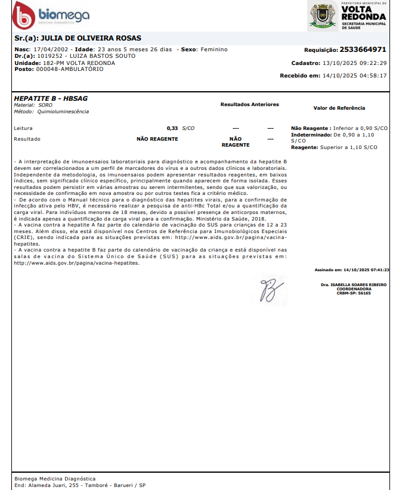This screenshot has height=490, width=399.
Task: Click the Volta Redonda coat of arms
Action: (323, 16)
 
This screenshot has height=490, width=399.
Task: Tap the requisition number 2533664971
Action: (363, 49)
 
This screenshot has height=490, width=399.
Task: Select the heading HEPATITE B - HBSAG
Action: (50, 98)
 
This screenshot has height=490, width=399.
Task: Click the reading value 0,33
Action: (172, 128)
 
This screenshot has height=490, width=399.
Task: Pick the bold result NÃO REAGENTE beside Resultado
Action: (157, 139)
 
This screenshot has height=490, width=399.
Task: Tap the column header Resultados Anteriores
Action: (249, 104)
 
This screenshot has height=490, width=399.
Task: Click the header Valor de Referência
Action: (339, 108)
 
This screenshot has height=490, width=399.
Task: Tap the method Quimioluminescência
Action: (63, 111)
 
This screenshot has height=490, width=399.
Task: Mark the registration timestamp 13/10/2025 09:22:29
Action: (354, 63)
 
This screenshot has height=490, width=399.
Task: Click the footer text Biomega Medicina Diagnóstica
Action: (54, 479)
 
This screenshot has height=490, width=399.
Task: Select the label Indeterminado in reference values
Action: (310, 135)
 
